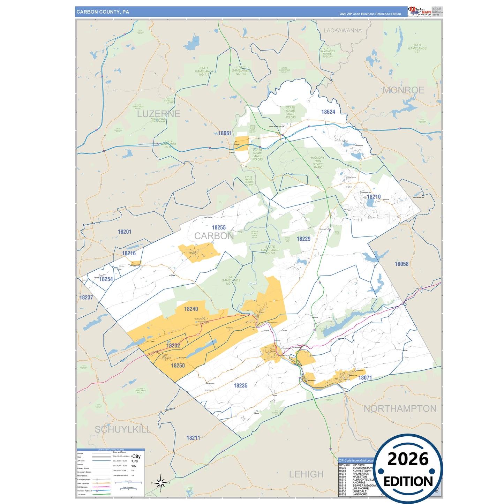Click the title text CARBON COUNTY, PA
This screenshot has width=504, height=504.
point(103,12)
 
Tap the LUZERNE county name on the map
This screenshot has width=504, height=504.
point(158,114)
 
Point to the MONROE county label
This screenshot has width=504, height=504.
point(403,90)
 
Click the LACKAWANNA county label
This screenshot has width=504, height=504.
point(343,31)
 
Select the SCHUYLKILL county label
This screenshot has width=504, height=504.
point(123,429)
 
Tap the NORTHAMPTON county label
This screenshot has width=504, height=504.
point(400,408)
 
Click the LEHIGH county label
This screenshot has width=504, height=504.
point(306,474)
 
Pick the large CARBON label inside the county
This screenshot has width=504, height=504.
point(214,236)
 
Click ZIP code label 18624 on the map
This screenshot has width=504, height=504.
point(328,112)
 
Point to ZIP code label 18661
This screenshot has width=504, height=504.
point(225,133)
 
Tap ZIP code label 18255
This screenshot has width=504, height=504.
point(219,227)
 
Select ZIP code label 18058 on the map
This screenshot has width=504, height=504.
point(401,264)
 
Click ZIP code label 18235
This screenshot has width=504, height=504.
point(240,385)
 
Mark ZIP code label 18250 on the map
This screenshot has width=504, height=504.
point(178,366)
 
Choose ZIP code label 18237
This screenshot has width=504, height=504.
point(86,298)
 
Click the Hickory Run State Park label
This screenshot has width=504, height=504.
point(317,163)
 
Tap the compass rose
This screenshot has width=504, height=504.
point(160,483)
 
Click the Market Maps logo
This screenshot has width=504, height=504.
point(420,12)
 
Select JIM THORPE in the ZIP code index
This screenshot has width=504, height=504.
point(360,488)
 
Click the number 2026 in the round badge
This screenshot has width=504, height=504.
point(408,459)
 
